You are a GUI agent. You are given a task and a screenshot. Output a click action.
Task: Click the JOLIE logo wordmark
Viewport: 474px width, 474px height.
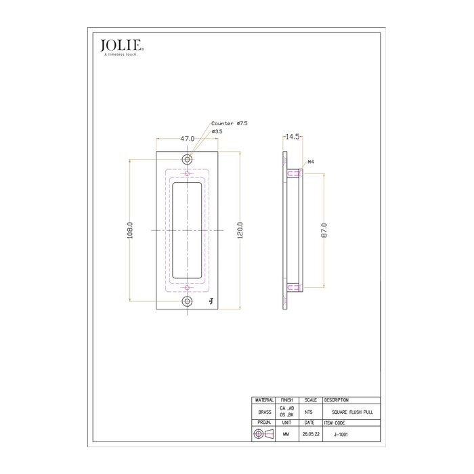[121, 46]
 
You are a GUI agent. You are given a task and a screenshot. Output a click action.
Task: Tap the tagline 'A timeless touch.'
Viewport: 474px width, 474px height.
[121, 55]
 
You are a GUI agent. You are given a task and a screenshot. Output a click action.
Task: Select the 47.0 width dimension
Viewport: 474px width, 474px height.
[187, 138]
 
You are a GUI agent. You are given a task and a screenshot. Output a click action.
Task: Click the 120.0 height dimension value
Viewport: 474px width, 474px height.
[240, 230]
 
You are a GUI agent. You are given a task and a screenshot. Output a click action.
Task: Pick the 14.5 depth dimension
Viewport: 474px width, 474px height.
[293, 137]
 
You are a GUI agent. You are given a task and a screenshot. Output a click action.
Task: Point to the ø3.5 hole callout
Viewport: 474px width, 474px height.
[217, 131]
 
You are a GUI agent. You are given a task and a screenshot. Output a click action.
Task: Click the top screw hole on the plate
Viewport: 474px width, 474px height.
[188, 160]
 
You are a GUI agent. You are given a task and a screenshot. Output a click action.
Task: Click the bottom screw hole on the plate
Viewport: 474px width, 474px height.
[188, 301]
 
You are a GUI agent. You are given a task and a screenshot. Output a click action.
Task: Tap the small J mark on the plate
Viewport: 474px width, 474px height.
[211, 301]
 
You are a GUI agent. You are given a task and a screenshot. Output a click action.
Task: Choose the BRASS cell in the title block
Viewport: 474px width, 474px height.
[262, 411]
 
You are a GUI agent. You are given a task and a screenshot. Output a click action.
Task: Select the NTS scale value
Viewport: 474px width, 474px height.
[309, 411]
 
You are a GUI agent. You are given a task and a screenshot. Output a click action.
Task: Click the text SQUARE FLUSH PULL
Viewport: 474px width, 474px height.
[353, 411]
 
